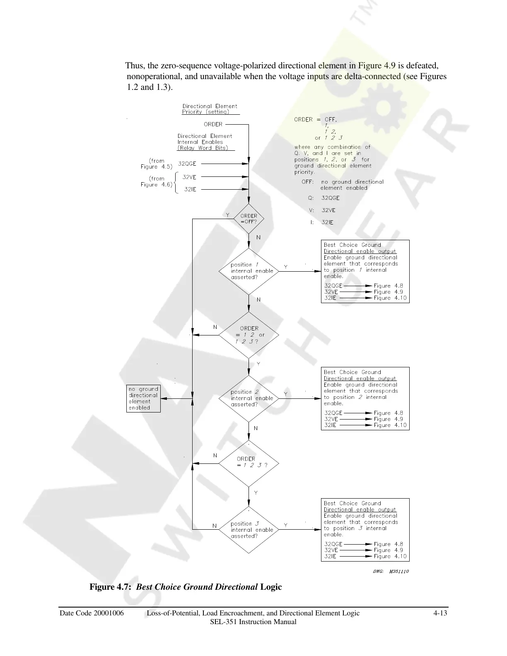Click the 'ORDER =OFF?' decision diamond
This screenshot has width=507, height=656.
tap(249, 219)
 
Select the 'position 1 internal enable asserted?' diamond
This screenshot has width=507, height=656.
tap(249, 271)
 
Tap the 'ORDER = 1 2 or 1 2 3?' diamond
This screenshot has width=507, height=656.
tap(249, 335)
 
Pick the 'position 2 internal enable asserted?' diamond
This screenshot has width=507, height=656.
tap(249, 398)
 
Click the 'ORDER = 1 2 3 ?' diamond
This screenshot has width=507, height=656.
tap(249, 463)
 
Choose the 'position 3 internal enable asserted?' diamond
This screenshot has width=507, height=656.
tap(249, 530)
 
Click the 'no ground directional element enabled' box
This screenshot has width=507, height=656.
tap(143, 398)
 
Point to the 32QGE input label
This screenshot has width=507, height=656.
tap(187, 164)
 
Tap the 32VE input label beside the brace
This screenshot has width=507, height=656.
tap(189, 177)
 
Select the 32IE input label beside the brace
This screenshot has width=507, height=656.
tap(190, 189)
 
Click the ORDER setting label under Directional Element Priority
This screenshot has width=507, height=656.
tap(213, 124)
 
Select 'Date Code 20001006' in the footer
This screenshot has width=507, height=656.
tap(92, 613)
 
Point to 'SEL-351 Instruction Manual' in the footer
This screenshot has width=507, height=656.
tap(253, 622)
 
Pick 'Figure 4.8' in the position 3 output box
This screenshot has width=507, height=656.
tap(388, 544)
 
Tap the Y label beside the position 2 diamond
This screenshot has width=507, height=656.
tap(286, 394)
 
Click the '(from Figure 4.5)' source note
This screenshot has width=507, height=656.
tap(156, 164)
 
